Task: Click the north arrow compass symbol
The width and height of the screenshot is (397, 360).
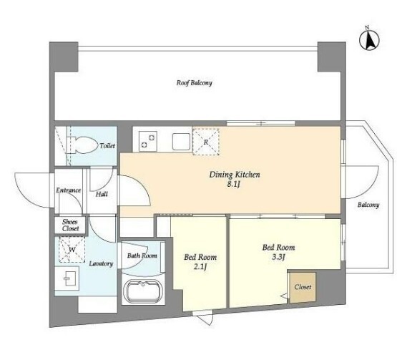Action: (369, 39)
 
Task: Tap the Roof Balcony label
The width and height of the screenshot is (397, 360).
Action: (194, 83)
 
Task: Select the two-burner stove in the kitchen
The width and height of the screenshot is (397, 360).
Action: (148, 141)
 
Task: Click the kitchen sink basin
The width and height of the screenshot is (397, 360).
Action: (181, 142)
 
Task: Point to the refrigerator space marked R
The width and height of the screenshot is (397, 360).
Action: (206, 142)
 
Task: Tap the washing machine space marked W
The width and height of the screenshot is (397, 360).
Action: (72, 250)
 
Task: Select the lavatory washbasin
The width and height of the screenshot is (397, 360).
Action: (67, 278)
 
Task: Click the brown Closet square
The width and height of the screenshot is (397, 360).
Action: (303, 287)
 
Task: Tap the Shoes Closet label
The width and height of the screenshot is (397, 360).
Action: (70, 225)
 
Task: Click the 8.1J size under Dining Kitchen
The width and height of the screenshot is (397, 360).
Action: (233, 184)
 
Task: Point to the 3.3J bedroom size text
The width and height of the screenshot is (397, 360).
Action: (278, 257)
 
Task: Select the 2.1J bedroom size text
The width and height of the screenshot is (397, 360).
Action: (200, 267)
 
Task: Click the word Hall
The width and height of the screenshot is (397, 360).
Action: (102, 194)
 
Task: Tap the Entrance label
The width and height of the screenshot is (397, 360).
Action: (69, 190)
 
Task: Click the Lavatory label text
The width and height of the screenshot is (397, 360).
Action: (101, 263)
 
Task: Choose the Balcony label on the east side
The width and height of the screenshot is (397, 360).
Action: (368, 205)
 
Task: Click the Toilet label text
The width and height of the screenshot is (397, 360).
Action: (107, 146)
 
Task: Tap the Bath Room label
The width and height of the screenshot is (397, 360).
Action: (142, 256)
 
